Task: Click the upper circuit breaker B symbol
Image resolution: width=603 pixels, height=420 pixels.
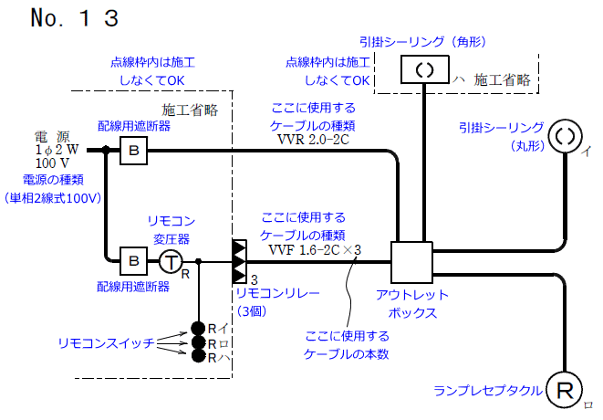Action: tap(133, 150)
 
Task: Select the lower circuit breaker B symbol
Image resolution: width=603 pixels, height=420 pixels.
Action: tap(133, 261)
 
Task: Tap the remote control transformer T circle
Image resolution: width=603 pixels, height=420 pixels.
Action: tap(172, 261)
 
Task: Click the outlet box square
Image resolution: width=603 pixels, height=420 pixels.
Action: tap(411, 261)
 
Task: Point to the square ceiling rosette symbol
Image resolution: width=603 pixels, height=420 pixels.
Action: tap(424, 68)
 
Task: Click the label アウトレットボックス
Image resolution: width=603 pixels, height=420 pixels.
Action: tap(411, 303)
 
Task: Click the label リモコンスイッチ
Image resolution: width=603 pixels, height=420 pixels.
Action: tap(99, 342)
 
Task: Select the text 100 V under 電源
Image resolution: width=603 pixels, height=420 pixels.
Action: tap(53, 163)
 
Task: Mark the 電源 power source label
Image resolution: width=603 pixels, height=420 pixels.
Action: tap(51, 134)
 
